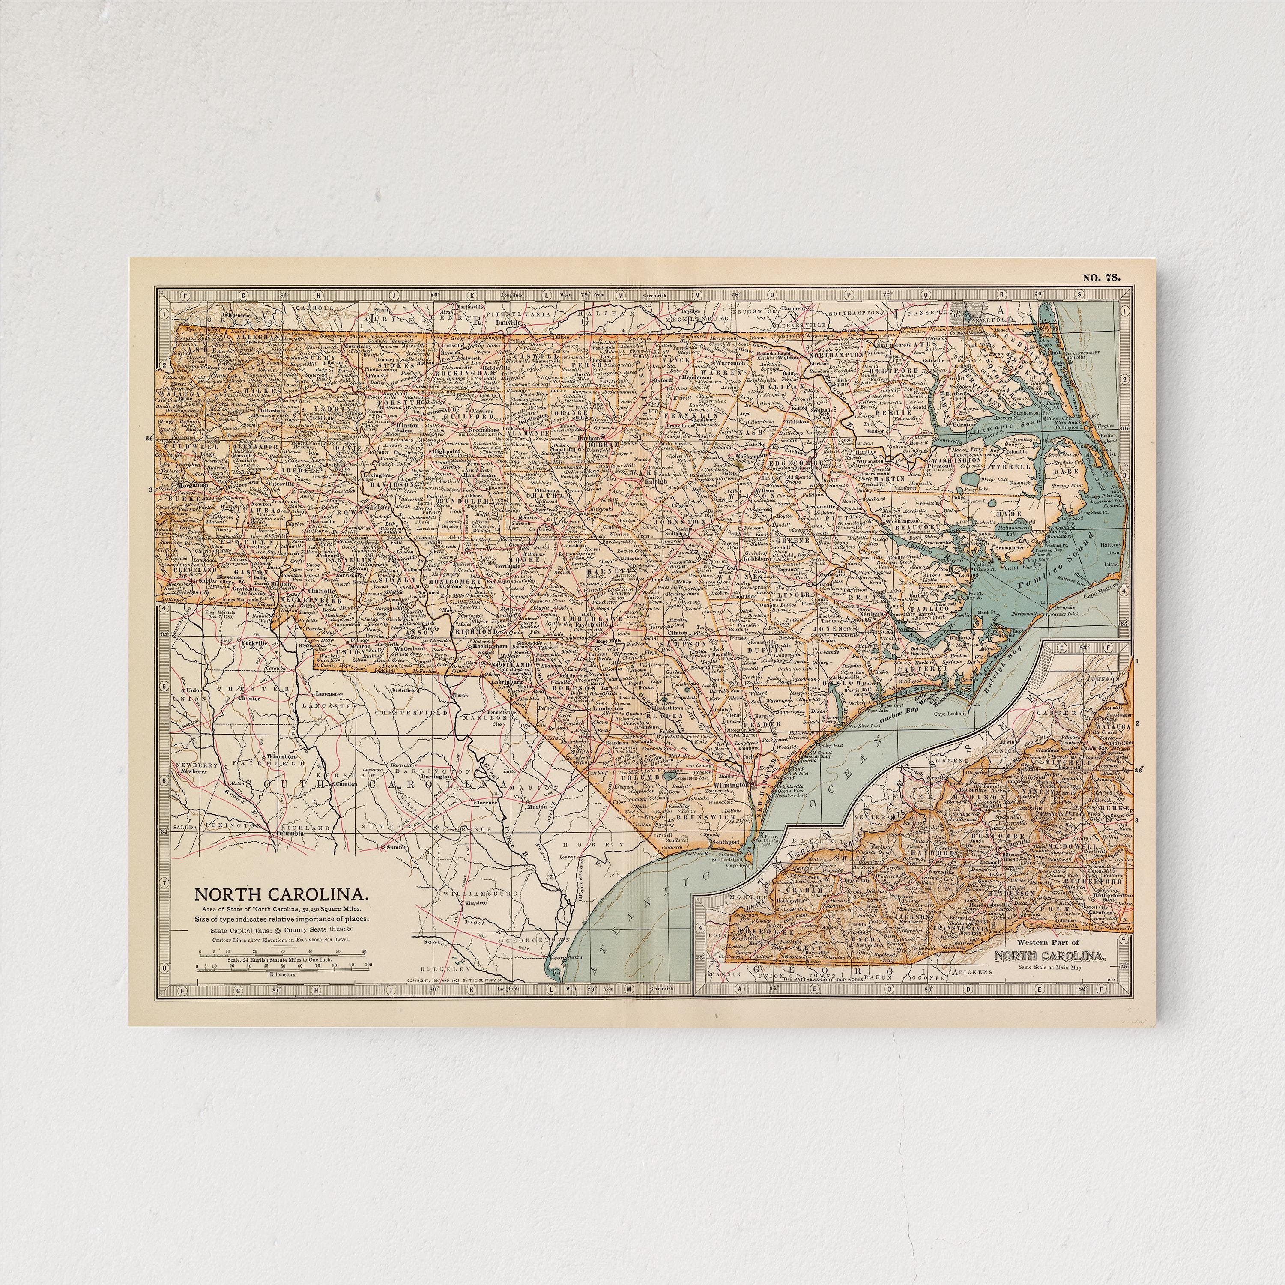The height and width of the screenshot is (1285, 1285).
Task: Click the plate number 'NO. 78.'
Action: [x=1101, y=278]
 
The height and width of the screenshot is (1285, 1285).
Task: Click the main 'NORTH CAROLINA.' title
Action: [x=278, y=893]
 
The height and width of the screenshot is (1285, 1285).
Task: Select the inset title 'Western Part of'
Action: [x=1049, y=943]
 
